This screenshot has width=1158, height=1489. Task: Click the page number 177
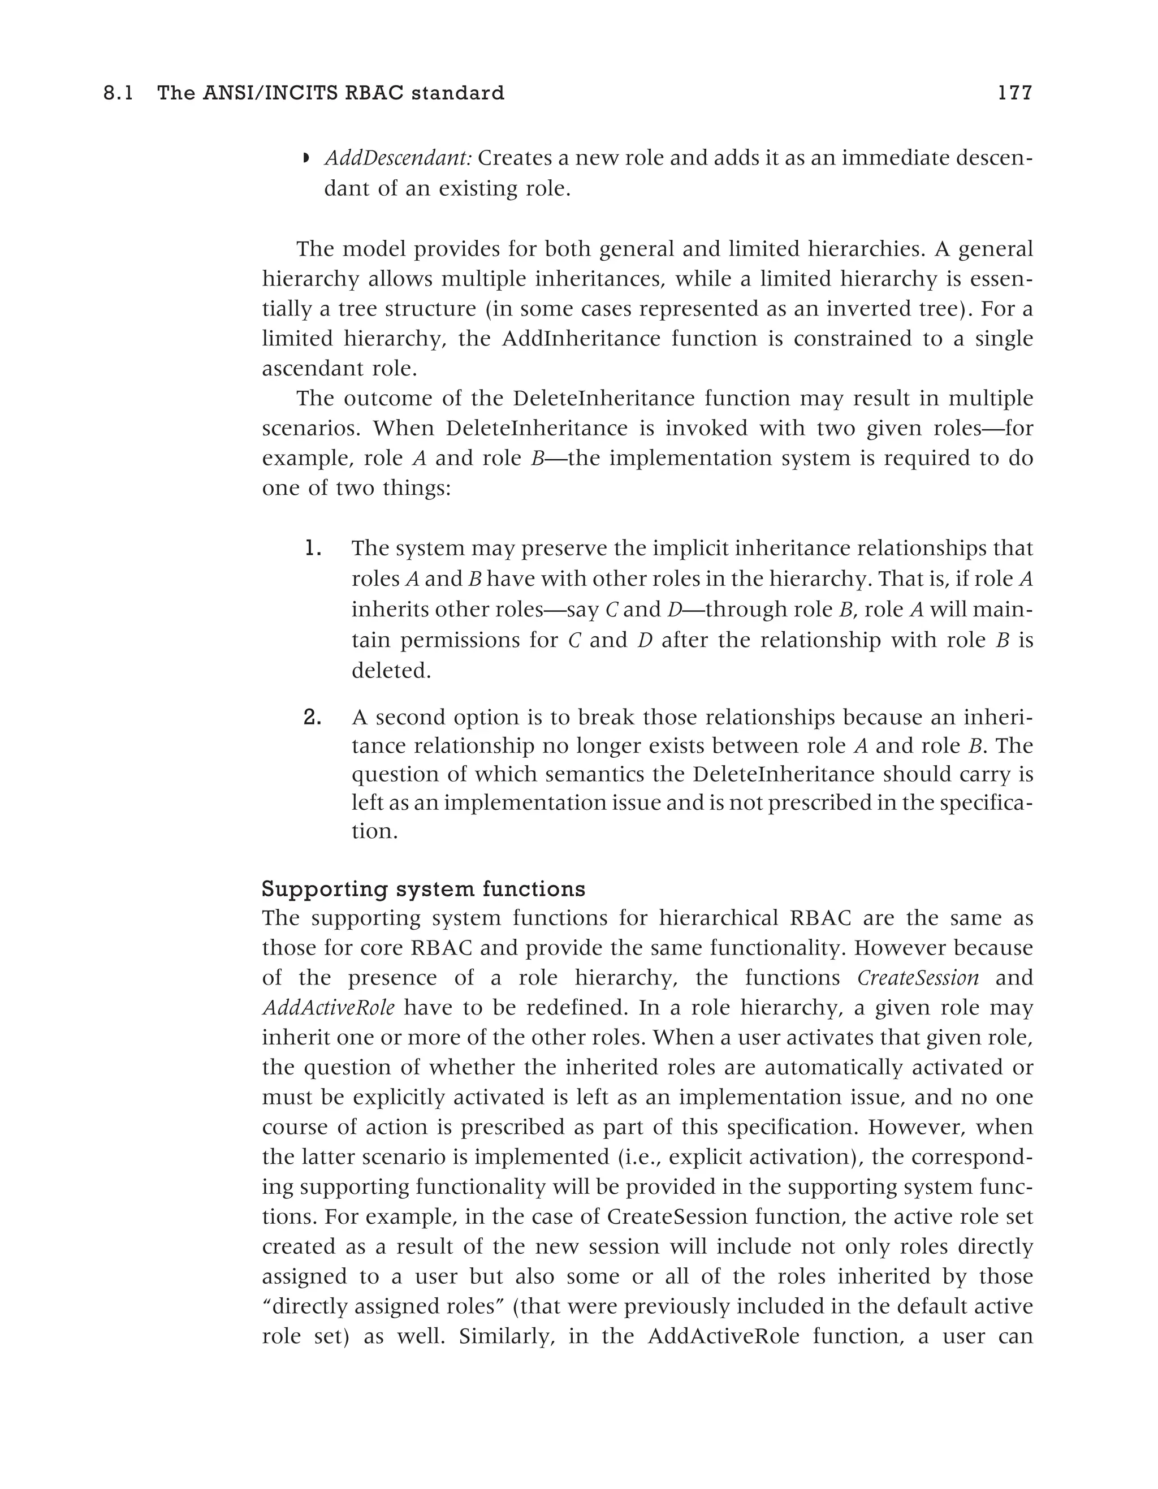point(1015,93)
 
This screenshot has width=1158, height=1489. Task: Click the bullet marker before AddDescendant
point(306,159)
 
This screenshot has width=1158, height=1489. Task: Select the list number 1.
point(312,547)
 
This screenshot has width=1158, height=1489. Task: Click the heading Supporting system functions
point(424,889)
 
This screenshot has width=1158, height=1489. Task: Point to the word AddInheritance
point(581,339)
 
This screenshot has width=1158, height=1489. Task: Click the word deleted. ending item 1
point(391,671)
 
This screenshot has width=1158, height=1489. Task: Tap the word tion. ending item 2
point(374,832)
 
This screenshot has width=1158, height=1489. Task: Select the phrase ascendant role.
point(339,369)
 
